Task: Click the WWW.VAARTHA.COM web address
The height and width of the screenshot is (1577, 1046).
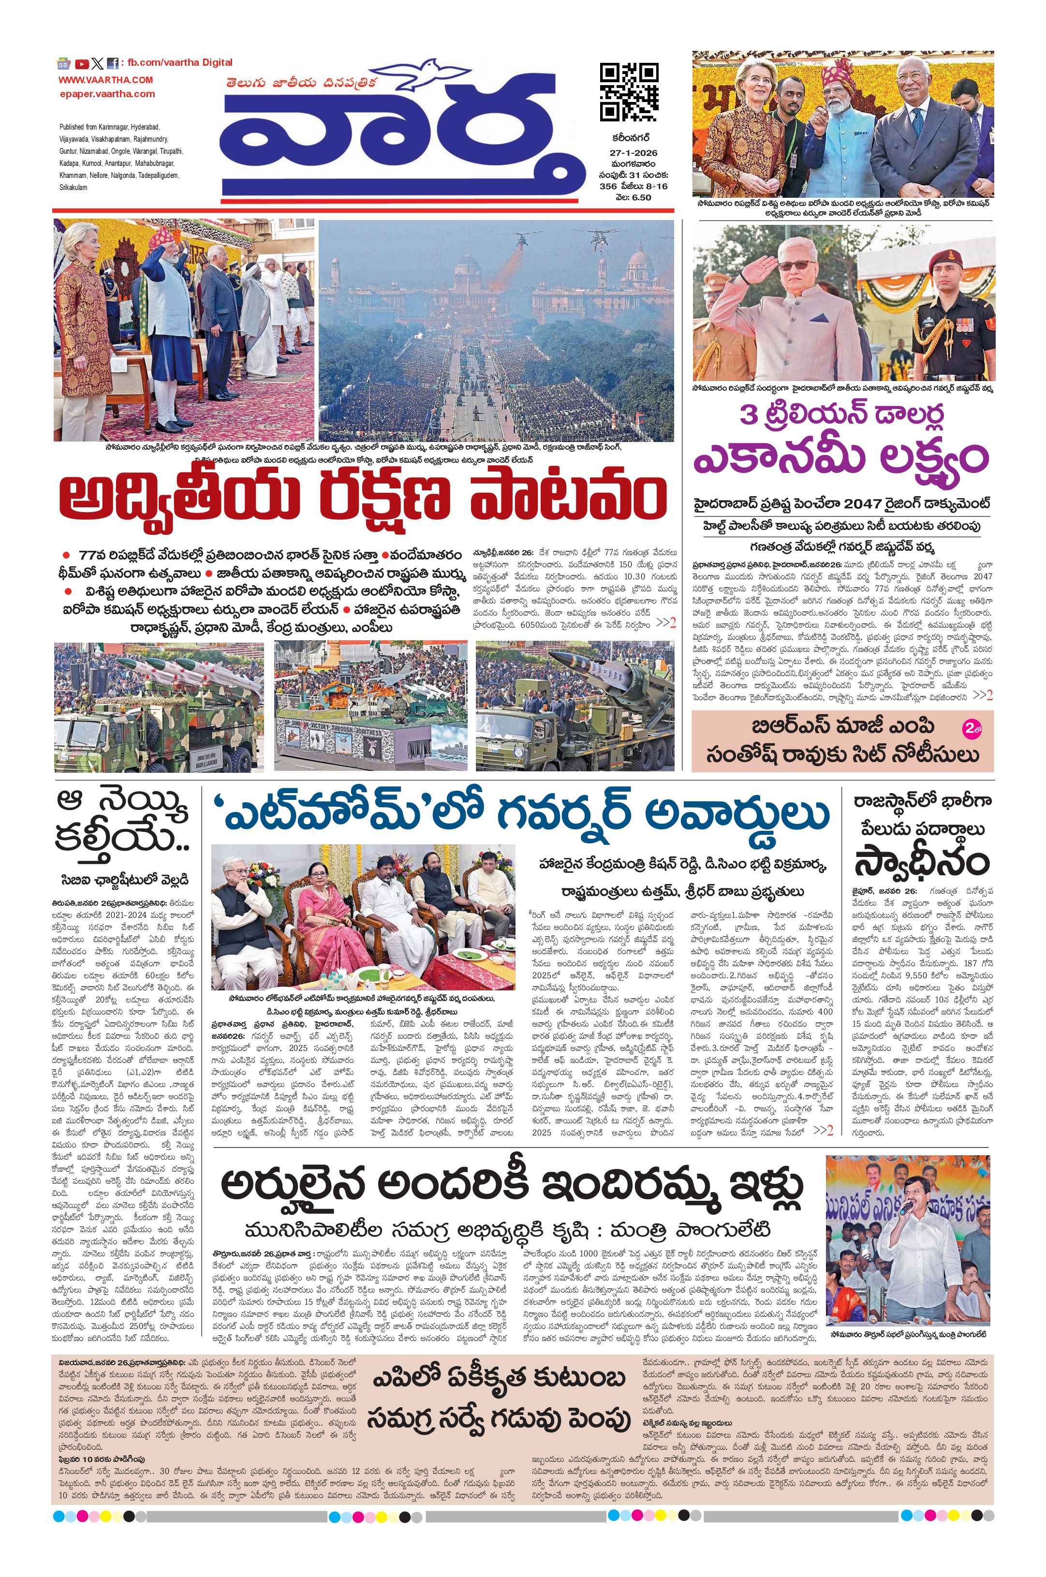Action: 105,80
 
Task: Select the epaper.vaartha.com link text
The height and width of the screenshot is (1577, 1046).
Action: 107,94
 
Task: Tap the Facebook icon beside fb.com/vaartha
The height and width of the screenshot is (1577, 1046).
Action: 113,64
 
